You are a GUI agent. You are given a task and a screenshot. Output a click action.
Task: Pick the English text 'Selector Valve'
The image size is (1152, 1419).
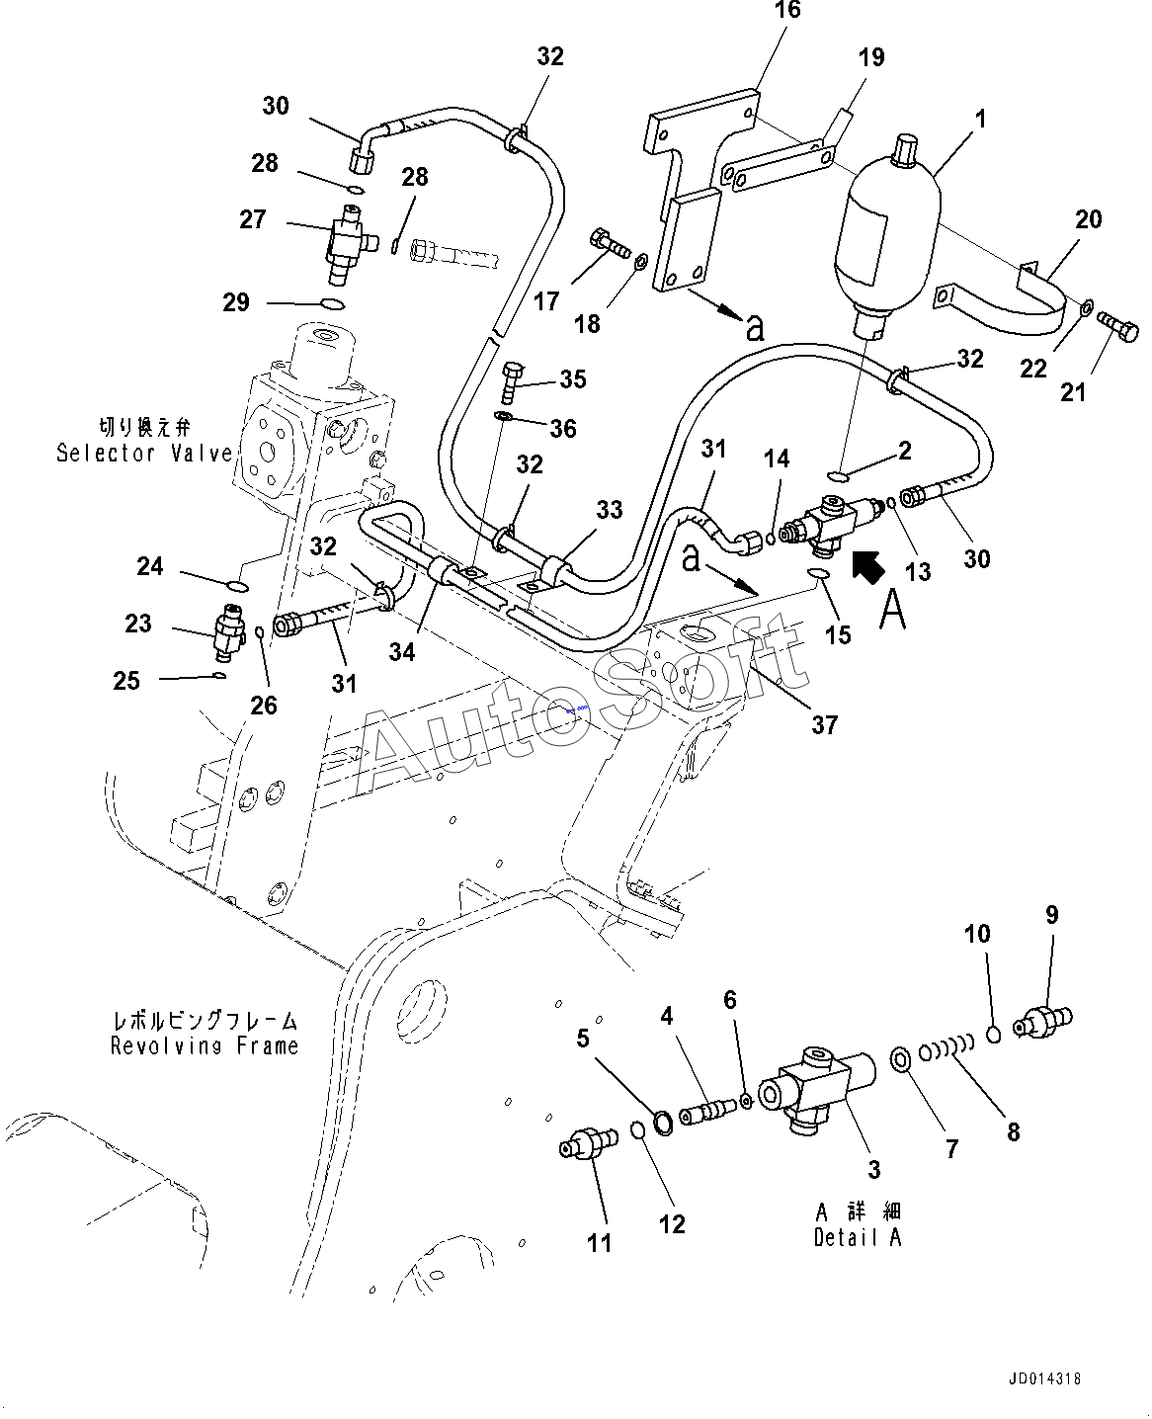pos(144,454)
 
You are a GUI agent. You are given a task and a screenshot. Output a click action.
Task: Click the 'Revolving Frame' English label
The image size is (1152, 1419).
pos(205,1045)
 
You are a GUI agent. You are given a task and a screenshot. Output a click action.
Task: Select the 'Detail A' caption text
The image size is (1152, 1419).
pos(858,1237)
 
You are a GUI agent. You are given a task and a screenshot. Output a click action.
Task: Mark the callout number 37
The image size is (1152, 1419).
pos(824,724)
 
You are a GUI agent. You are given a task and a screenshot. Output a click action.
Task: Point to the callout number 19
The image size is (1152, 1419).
pos(870,57)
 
